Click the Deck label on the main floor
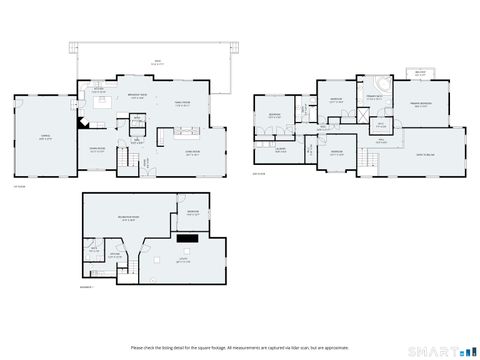156,61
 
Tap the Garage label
41,137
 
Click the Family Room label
185,102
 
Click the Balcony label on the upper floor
420,72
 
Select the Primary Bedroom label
420,104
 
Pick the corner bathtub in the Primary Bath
384,85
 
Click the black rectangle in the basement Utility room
187,237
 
